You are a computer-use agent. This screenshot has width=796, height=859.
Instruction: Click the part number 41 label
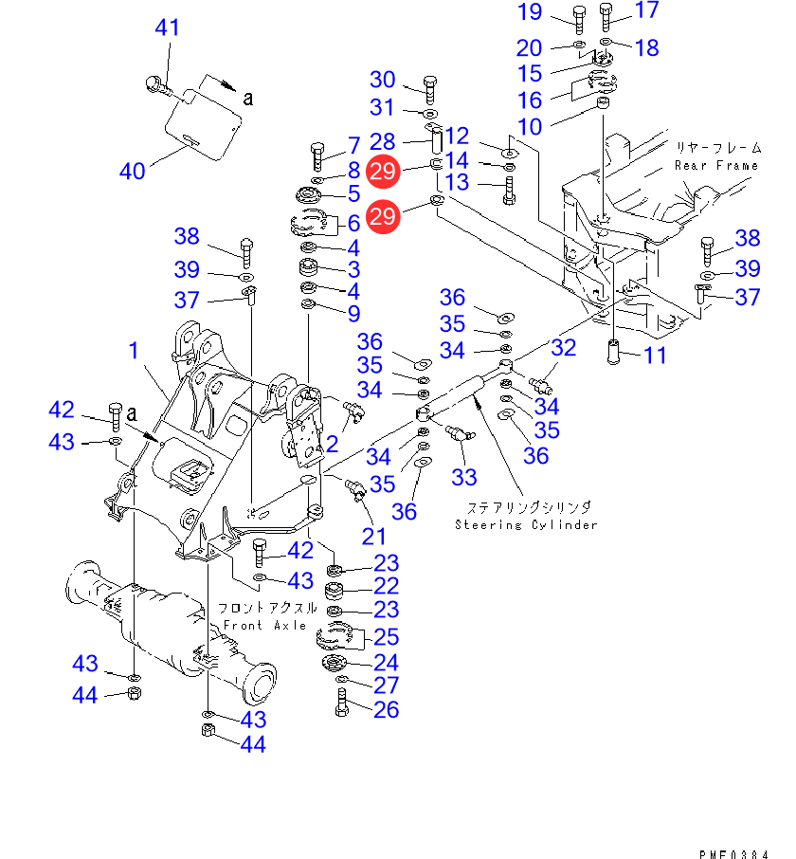pos(167,29)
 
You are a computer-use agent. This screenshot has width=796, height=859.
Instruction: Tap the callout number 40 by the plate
pos(133,172)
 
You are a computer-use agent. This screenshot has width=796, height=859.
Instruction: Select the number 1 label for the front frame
pos(134,351)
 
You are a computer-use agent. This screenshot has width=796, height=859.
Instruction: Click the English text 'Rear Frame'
pos(715,165)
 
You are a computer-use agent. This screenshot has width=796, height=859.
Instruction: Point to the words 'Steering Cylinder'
pos(526,524)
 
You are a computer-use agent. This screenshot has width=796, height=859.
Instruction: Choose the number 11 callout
pos(655,356)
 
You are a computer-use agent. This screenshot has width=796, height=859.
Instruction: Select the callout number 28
pos(383,142)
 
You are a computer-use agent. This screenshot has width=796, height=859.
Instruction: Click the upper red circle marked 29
pos(384,171)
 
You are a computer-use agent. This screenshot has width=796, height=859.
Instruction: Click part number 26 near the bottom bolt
pos(386,709)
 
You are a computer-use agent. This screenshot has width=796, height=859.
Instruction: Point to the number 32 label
pos(564,348)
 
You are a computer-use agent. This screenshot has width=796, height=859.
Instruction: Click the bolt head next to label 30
pos(428,82)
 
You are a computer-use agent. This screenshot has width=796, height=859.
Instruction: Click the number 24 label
pos(386,662)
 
